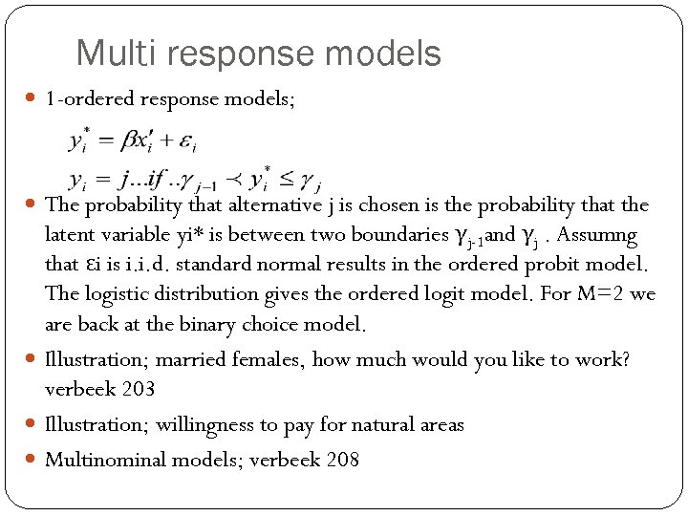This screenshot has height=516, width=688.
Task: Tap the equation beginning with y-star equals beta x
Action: [x=133, y=142]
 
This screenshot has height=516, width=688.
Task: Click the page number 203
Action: [x=139, y=390]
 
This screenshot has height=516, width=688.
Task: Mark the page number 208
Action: [x=342, y=460]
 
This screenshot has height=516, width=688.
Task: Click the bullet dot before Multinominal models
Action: [x=32, y=460]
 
